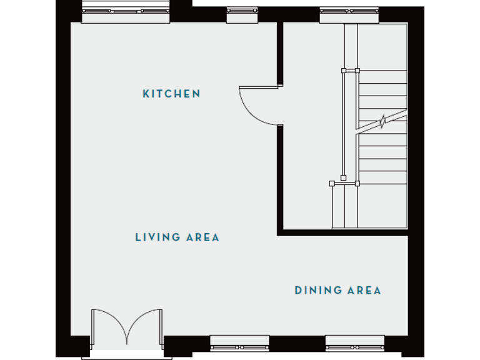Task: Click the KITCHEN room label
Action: point(172,94)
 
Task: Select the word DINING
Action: point(319,290)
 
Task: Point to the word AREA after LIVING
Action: point(202,237)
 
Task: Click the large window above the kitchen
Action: point(127,14)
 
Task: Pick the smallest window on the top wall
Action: point(242,14)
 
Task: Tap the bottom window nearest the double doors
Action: point(239,342)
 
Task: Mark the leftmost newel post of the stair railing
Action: point(332,184)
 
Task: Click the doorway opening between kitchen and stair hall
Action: point(281,106)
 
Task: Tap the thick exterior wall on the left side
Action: point(62,181)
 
